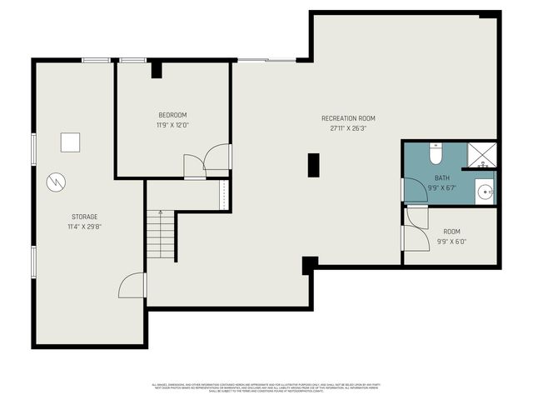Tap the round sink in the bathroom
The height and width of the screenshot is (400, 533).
(x=486, y=191)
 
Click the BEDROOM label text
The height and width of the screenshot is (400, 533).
(x=172, y=115)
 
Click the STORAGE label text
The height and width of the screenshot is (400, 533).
(x=83, y=217)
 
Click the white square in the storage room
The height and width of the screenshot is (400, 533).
(x=70, y=142)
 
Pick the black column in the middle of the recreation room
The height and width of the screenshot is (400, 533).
(x=313, y=164)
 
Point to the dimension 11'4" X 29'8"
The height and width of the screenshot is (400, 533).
(x=83, y=227)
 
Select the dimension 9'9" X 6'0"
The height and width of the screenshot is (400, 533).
(x=451, y=242)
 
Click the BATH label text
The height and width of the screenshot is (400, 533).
(x=441, y=178)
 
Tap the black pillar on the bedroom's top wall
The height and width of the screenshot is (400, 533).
(x=156, y=69)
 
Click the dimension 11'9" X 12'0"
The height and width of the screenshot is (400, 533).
(x=172, y=125)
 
